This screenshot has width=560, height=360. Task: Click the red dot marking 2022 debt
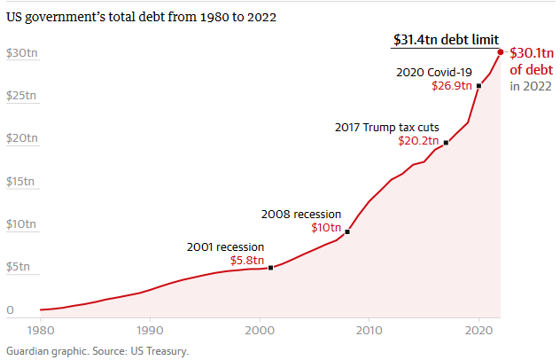point(501,52)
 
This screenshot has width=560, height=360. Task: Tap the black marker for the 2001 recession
point(270,267)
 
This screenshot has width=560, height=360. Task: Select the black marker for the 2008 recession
point(347,231)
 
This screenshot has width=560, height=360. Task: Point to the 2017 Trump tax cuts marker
point(446,142)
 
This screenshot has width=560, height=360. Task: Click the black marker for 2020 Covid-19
point(478,86)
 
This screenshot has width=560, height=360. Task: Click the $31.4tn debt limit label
point(446,40)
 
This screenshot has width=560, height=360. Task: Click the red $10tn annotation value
point(326,228)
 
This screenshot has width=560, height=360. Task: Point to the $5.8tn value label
point(246,261)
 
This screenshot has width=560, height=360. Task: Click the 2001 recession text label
point(226,247)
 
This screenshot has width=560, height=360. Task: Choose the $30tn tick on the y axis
point(21,53)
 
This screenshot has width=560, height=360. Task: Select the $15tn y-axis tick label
point(21,182)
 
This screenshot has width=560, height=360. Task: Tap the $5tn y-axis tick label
point(19,267)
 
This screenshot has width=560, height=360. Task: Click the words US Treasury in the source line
point(162,350)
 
